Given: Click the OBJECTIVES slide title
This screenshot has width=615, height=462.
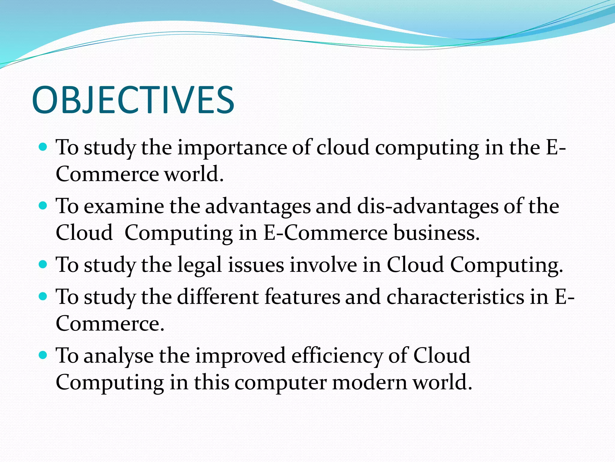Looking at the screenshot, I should point(133,100).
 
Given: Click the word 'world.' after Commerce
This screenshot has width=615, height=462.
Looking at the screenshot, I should point(194,174).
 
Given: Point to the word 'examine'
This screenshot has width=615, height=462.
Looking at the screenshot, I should point(124,206).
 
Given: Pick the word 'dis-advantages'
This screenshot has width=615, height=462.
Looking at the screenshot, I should point(428,207).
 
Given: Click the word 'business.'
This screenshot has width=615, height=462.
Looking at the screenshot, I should point(437,233).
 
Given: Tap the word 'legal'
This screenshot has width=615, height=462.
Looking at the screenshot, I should point(199,265).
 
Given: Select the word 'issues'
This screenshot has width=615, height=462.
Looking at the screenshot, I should point(256,265).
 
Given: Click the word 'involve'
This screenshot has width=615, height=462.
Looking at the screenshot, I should point(323,265).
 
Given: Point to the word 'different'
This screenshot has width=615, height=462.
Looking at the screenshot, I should point(218,297).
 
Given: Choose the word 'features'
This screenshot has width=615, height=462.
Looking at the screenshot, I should point(302,297).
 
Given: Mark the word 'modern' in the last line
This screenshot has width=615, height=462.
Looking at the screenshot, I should point(369,383).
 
